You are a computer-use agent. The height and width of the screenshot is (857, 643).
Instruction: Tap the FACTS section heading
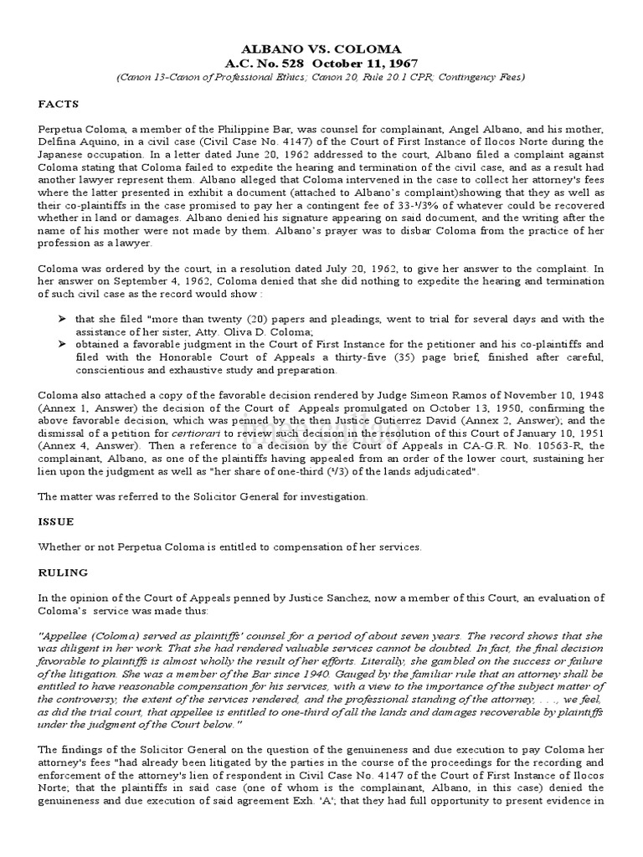pos(59,105)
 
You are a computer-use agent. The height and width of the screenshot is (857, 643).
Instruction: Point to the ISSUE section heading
pos(56,521)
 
